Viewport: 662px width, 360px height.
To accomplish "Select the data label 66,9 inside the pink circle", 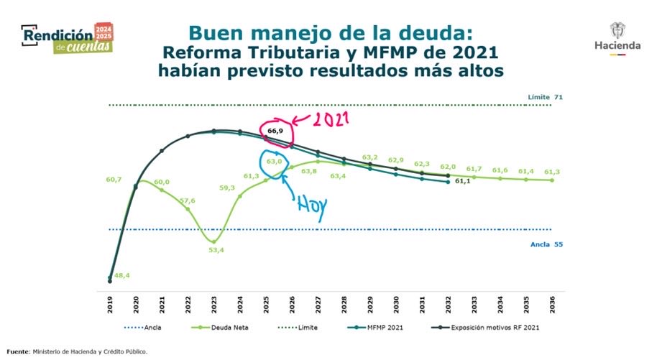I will (275, 131).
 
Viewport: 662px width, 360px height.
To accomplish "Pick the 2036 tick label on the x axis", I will (552, 304).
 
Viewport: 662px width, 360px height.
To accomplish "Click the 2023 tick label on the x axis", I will (213, 304).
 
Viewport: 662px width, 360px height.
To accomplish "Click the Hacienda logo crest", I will (617, 30).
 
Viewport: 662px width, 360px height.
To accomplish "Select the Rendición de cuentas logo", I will (67, 37).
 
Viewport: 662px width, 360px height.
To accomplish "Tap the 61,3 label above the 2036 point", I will (552, 172).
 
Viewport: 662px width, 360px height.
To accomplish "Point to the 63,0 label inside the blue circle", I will (274, 162).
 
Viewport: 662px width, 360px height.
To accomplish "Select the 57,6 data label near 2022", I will (187, 200).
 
